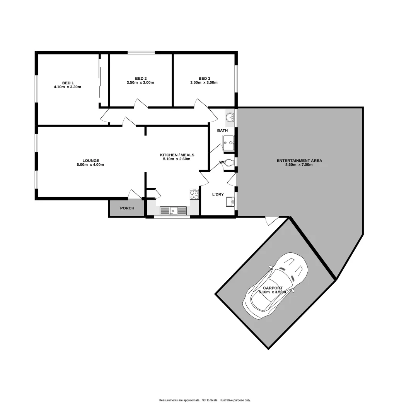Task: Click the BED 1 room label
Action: (x=68, y=82)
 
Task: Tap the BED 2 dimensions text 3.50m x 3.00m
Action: (x=140, y=82)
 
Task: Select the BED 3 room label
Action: (x=204, y=78)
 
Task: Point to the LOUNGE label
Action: (x=91, y=160)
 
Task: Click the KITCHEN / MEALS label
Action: (x=177, y=155)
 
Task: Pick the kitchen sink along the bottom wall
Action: (x=173, y=211)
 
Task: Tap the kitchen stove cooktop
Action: (x=194, y=194)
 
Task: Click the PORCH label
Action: (x=127, y=208)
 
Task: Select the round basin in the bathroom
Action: (x=231, y=116)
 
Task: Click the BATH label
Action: (x=222, y=130)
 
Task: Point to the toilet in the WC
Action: (x=229, y=163)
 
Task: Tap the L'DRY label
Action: (x=218, y=194)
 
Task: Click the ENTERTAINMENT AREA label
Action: (x=299, y=160)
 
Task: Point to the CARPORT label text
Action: (x=273, y=288)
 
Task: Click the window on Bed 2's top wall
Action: (x=142, y=53)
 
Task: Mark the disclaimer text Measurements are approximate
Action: (x=179, y=400)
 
